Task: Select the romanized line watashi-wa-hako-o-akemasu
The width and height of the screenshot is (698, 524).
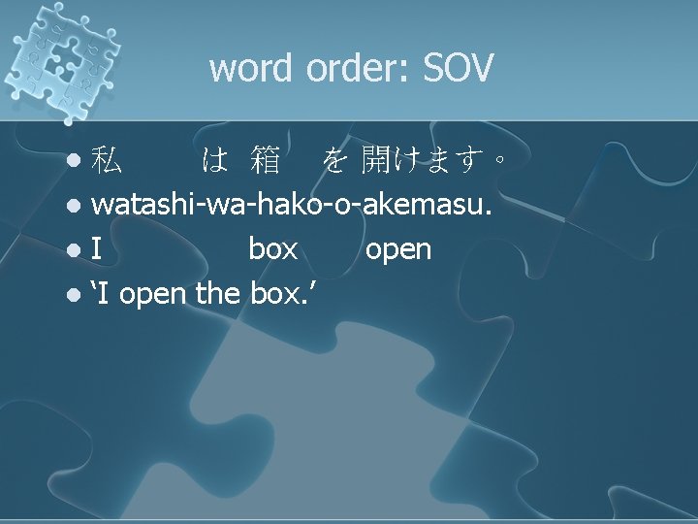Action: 292,205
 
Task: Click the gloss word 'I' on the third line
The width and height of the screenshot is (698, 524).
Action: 97,249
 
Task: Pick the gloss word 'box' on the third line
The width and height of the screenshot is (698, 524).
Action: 272,249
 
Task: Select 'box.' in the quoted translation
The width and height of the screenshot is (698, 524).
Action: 284,293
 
